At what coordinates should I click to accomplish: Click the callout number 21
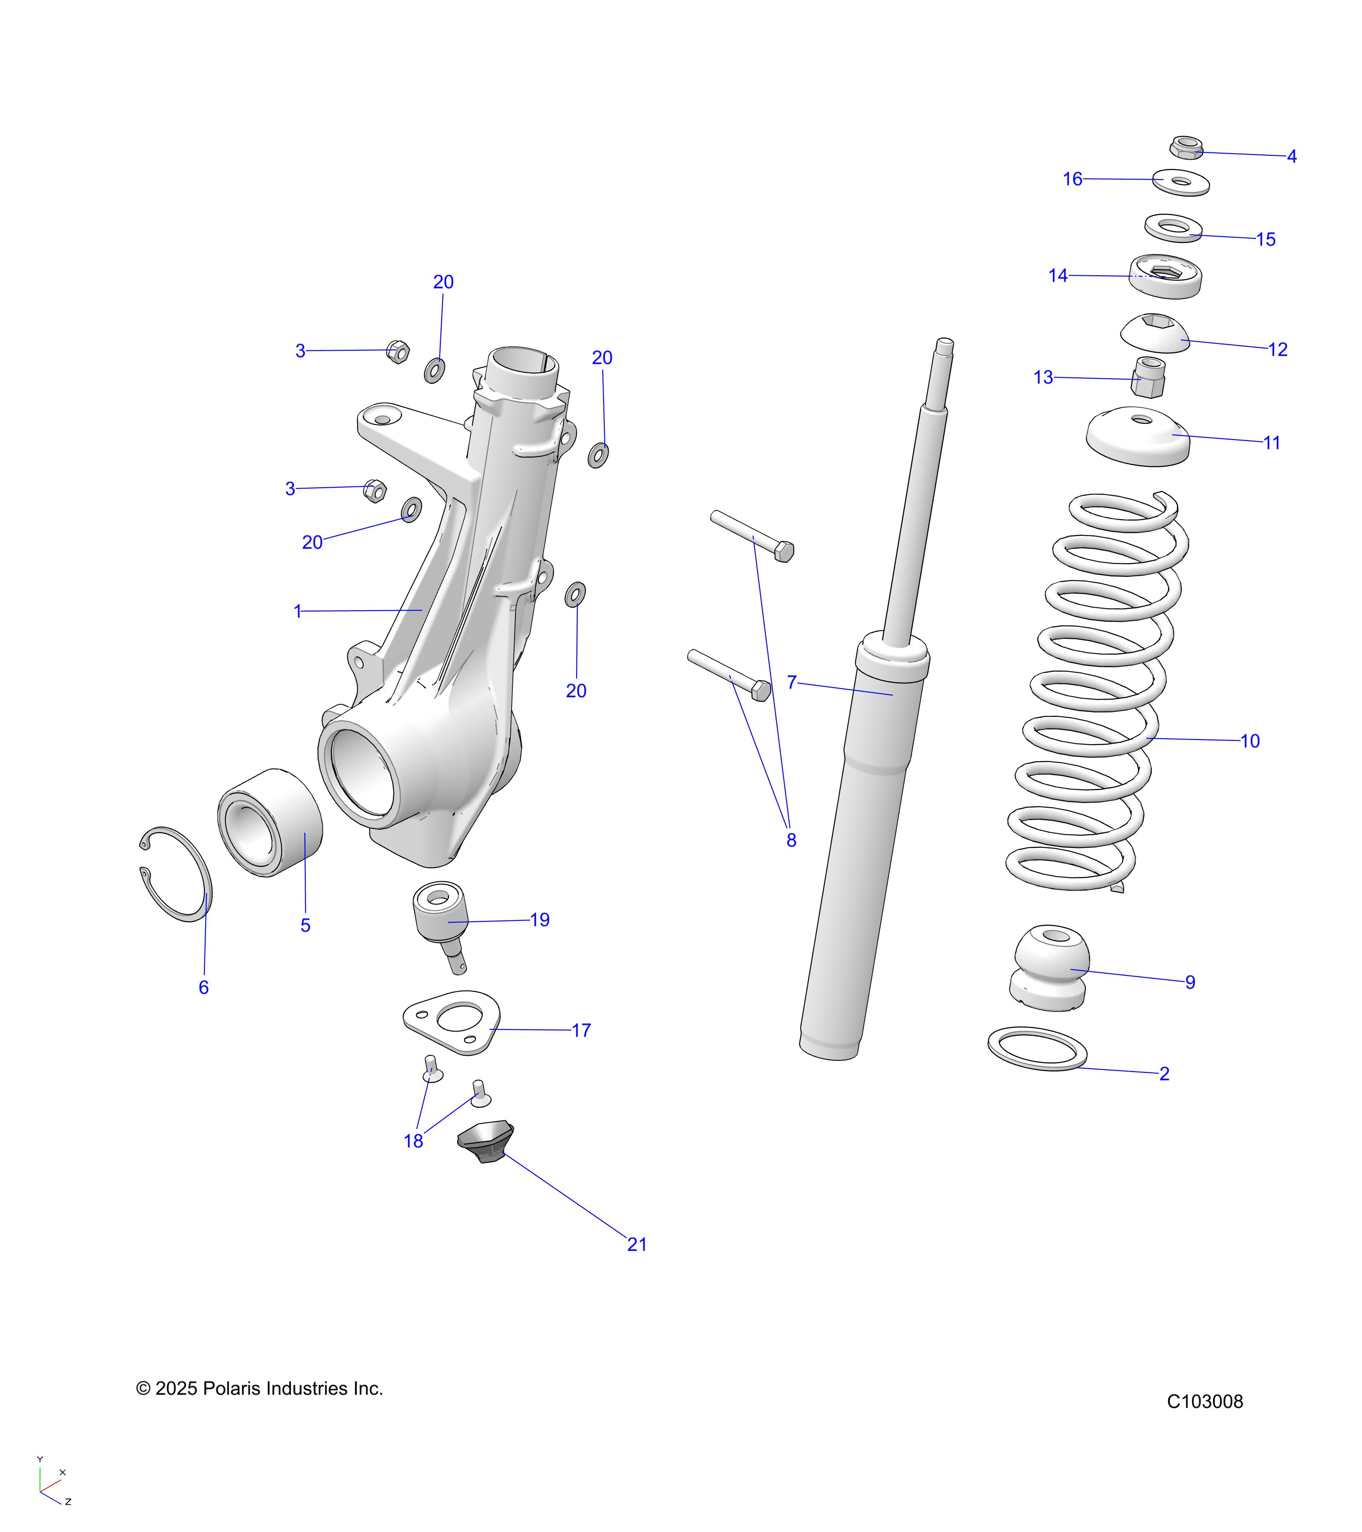pyautogui.click(x=636, y=1244)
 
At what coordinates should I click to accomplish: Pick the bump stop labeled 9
pyautogui.click(x=1050, y=969)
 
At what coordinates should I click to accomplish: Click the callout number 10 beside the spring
pyautogui.click(x=1250, y=741)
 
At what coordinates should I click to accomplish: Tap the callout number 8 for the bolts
pyautogui.click(x=791, y=840)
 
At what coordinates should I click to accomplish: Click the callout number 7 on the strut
pyautogui.click(x=792, y=682)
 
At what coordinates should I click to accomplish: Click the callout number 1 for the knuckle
pyautogui.click(x=298, y=612)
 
